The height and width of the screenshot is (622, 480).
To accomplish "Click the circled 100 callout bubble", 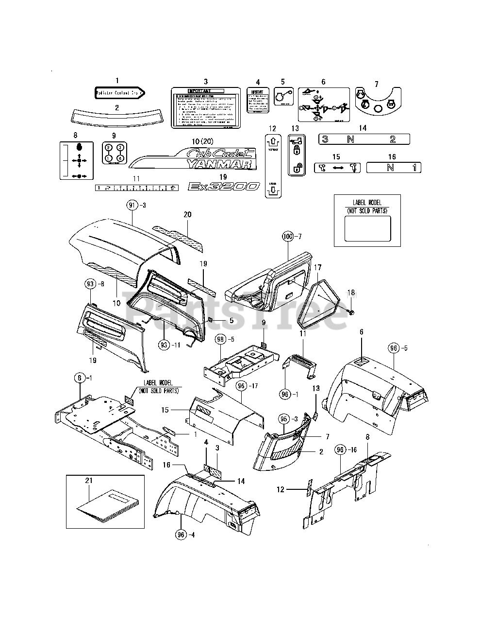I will point(288,236).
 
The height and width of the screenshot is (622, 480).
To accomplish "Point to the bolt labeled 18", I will point(351,311).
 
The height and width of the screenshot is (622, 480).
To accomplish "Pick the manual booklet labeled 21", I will point(102,504).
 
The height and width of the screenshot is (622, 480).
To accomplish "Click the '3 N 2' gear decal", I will point(364,139).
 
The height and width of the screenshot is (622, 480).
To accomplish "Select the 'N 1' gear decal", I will point(394,168).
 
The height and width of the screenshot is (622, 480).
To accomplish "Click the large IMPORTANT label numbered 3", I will point(205,108).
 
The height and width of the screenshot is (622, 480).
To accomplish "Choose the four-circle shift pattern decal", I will point(114,152).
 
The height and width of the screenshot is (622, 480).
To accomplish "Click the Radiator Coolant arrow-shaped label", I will point(119,93).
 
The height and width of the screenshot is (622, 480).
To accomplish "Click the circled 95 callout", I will point(284,418).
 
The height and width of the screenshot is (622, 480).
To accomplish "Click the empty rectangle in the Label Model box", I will point(367,228).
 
